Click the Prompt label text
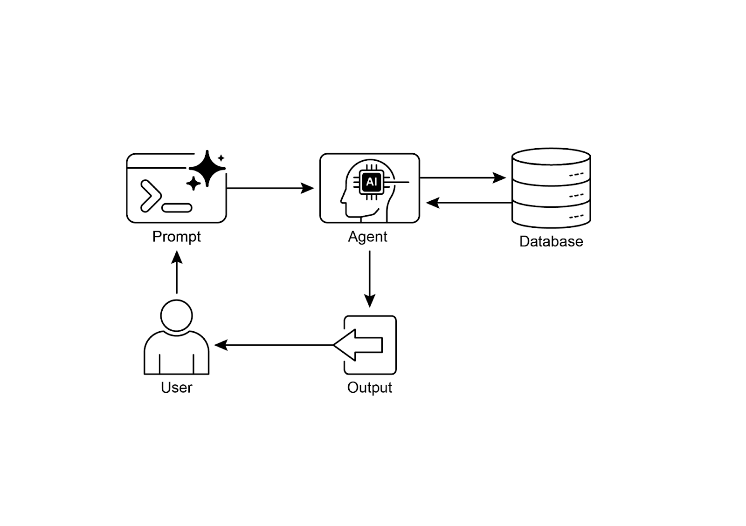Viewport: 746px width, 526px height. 176,237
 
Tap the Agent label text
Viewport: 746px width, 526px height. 367,237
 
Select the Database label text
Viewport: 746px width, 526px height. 551,241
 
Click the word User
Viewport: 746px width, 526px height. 176,387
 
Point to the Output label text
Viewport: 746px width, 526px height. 369,387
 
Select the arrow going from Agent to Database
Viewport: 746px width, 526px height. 462,178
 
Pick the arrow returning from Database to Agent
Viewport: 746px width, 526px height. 469,203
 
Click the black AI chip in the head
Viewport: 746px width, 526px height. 372,182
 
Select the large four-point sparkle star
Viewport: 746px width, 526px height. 207,168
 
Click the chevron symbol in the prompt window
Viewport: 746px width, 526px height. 150,195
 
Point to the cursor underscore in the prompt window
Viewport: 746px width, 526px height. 177,208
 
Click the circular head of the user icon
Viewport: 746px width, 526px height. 176,315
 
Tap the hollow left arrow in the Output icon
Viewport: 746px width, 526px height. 359,345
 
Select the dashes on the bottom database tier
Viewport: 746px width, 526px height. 576,216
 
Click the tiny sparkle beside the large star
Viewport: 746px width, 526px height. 221,158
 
